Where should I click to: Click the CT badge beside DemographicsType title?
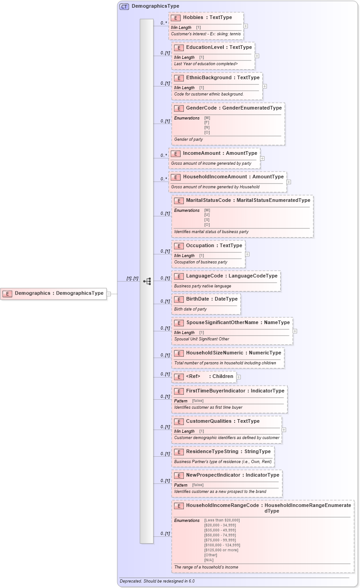click(x=124, y=6)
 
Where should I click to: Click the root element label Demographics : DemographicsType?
click(x=59, y=293)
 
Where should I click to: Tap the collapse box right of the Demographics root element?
click(x=109, y=294)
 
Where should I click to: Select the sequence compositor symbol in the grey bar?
click(x=147, y=281)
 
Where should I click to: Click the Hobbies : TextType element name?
click(x=207, y=18)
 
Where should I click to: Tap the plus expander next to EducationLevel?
click(x=257, y=56)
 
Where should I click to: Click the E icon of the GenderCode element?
click(x=178, y=108)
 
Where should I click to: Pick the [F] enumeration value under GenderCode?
click(x=207, y=123)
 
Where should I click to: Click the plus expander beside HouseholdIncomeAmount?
click(x=289, y=182)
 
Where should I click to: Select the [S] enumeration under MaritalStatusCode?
click(x=207, y=220)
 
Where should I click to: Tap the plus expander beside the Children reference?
click(x=239, y=377)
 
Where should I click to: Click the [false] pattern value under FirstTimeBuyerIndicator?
click(x=198, y=401)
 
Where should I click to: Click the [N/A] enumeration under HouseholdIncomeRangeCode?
click(x=209, y=560)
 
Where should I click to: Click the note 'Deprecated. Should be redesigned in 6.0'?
click(x=157, y=581)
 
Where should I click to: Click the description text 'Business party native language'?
click(x=202, y=286)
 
